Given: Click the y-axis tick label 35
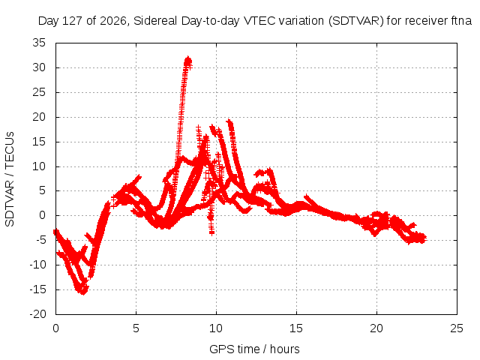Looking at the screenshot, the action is pos(39,43).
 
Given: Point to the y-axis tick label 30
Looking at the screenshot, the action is pos(39,67).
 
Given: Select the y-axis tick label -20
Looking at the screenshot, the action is pos(37,314).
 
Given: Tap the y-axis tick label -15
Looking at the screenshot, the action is pos(37,289).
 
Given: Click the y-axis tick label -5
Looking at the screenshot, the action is pos(40,240).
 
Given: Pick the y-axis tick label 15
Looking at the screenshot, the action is pos(39,142).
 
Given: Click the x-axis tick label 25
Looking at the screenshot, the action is pos(457,328).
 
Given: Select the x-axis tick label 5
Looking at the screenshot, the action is pos(136,328).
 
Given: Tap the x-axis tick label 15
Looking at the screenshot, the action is pos(296,328).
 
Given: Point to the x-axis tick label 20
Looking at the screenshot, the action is pos(376,328).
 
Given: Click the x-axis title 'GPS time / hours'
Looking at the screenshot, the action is pos(254,349).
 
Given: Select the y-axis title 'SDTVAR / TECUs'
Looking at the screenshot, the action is pos(10,179).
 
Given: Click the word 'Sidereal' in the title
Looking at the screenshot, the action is pos(155,21).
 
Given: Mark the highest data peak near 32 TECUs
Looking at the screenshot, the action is pos(188,58).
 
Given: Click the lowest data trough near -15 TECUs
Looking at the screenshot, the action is pos(82,292).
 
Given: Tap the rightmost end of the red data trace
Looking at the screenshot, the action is pos(425,238).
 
